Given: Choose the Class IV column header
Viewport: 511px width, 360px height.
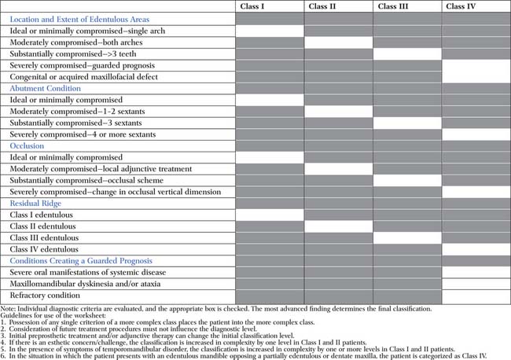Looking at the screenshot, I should pyautogui.click(x=461, y=6).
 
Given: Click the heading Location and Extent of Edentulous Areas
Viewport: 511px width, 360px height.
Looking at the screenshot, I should pyautogui.click(x=79, y=18).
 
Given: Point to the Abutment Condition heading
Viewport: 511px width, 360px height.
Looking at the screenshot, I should pyautogui.click(x=45, y=89).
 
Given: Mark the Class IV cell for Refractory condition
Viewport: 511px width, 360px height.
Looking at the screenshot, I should pyautogui.click(x=476, y=295).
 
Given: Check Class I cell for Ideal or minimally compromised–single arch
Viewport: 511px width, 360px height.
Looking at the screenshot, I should pyautogui.click(x=269, y=30).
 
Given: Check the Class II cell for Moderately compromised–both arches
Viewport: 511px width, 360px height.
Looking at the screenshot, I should pyautogui.click(x=338, y=42).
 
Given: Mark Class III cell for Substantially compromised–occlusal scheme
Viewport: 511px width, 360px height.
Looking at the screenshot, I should pyautogui.click(x=406, y=180).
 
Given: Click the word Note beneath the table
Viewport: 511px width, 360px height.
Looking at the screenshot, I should pyautogui.click(x=9, y=309).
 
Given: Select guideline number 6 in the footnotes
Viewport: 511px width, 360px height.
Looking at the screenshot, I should pyautogui.click(x=4, y=355).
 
